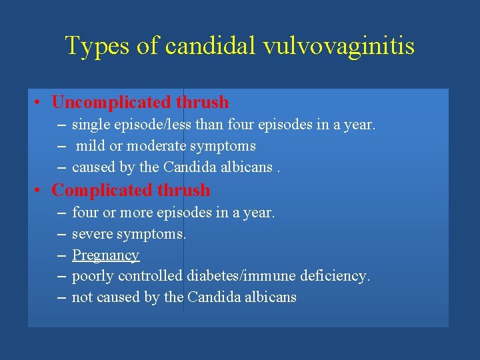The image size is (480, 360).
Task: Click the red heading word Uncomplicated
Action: point(111,103)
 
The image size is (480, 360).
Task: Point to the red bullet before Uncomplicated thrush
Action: point(41,103)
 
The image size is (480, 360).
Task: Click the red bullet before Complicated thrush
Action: point(41,191)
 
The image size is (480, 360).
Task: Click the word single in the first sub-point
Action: point(88,125)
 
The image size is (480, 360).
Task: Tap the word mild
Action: point(90,146)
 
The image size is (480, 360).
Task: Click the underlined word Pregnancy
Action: point(105,255)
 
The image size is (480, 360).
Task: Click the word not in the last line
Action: point(82,297)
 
